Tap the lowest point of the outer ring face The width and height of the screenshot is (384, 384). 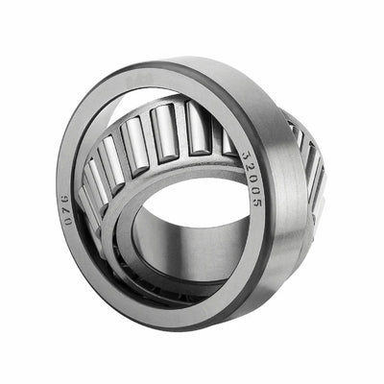pyautogui.click(x=182, y=316)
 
